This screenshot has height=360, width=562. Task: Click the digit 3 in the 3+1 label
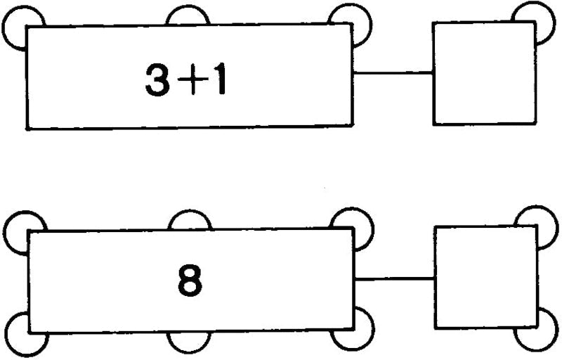(x=157, y=79)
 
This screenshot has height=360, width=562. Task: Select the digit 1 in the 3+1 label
(x=218, y=79)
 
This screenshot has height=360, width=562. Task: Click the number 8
(x=190, y=281)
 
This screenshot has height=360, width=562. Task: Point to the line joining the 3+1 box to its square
(x=393, y=73)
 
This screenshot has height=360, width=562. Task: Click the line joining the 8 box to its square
(x=394, y=278)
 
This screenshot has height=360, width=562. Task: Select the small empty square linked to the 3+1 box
(x=485, y=73)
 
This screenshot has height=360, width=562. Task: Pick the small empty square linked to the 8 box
(x=486, y=277)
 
